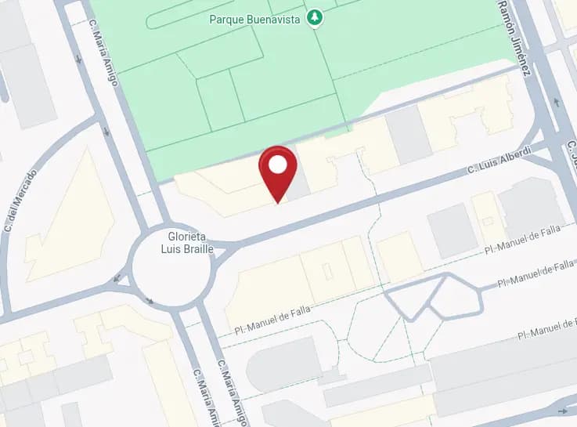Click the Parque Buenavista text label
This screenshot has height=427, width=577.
pyautogui.click(x=254, y=19)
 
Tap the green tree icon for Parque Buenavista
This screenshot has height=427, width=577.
pyautogui.click(x=315, y=16)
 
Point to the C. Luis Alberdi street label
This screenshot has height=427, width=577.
pyautogui.click(x=499, y=160)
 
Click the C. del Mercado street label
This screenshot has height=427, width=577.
pyautogui.click(x=21, y=200)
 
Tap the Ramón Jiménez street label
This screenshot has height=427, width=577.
pyautogui.click(x=514, y=38)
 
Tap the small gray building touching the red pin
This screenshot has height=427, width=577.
pyautogui.click(x=298, y=185)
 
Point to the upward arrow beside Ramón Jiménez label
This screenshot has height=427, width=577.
pyautogui.click(x=557, y=102)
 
